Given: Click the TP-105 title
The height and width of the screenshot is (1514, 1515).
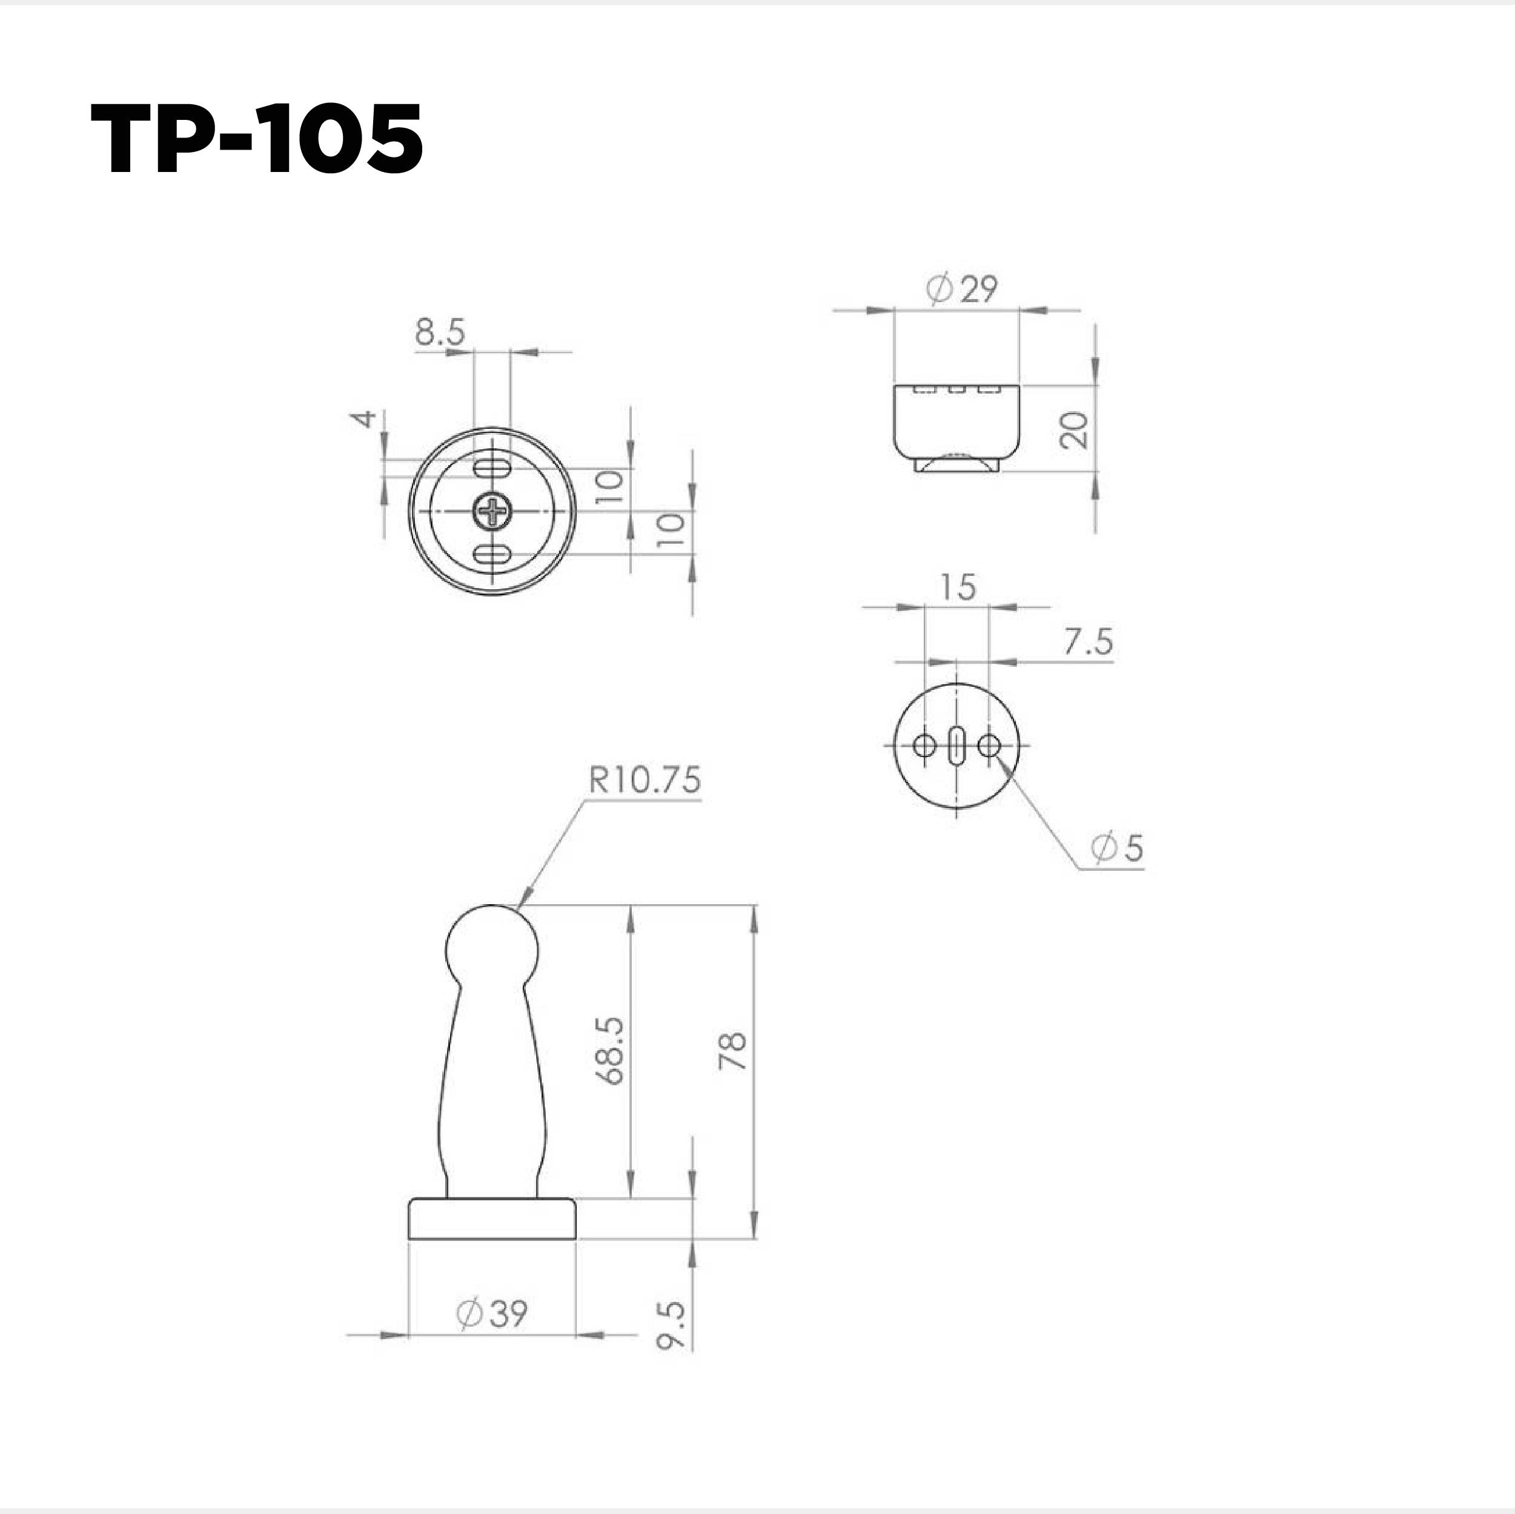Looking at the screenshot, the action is click(x=257, y=139).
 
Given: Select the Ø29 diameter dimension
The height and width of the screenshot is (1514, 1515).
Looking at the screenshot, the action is click(x=961, y=289).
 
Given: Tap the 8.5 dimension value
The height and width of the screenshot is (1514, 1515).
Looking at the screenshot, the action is click(x=440, y=332).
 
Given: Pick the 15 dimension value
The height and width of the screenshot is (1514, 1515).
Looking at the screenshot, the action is click(x=958, y=587).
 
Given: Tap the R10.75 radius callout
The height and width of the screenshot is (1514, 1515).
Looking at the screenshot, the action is click(x=645, y=781).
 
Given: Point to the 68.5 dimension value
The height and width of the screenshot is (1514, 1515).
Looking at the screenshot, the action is click(x=609, y=1051).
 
